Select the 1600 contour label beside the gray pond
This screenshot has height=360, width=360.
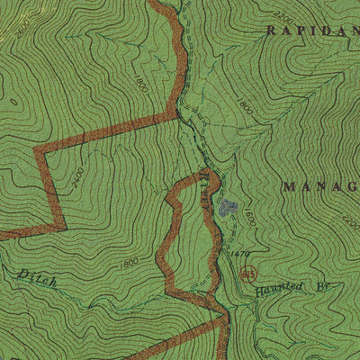(x=249, y=217)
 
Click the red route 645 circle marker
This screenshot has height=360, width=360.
(x=248, y=274)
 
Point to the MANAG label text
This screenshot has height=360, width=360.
(x=319, y=186)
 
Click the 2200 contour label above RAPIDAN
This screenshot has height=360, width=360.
(x=282, y=15)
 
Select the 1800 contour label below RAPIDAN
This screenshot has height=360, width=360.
(x=244, y=106)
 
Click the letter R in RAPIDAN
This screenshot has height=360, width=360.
(x=269, y=30)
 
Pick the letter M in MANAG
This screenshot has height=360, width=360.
(x=289, y=186)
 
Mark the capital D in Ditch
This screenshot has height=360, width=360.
(x=20, y=273)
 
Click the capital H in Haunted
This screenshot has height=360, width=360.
(x=259, y=293)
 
